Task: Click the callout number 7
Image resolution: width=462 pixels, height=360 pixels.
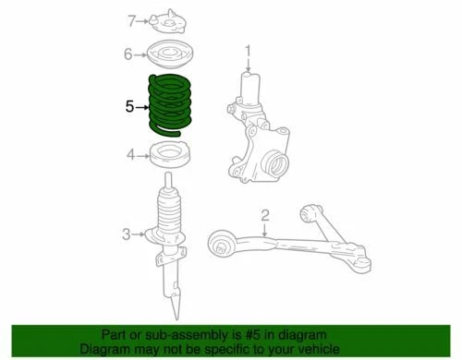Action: coord(130,20)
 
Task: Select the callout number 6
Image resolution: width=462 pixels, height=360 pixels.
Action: coord(129,54)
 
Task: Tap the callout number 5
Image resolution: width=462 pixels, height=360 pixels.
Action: coord(129,106)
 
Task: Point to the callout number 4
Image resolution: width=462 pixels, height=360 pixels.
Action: coord(130,154)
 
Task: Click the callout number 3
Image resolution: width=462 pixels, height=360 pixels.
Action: coord(127,234)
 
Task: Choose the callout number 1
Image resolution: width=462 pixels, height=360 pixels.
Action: coord(247,52)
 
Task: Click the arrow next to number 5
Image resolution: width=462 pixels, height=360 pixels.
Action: coord(142,107)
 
